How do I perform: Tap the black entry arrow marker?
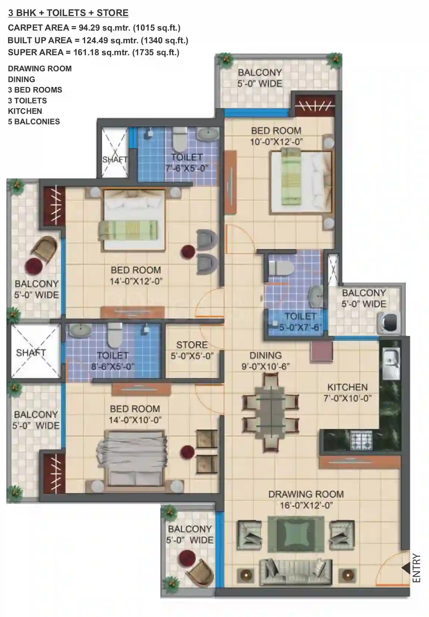[405, 568]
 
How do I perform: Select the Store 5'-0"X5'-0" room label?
[192, 350]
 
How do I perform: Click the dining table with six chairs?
[271, 412]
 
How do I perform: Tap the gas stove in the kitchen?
[361, 441]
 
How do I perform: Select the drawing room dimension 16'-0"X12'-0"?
[307, 505]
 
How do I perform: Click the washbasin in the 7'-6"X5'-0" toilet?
[208, 134]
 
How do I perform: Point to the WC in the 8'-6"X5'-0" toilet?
[115, 335]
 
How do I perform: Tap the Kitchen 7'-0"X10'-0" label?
[348, 393]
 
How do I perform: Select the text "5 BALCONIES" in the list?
[34, 121]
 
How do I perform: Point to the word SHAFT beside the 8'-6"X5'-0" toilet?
[31, 353]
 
